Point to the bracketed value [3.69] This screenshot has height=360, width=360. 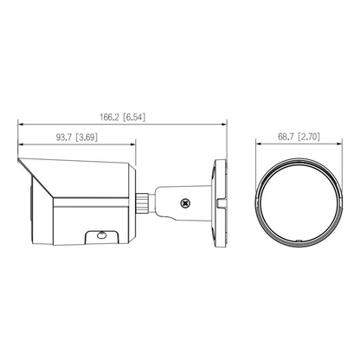(87, 136)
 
